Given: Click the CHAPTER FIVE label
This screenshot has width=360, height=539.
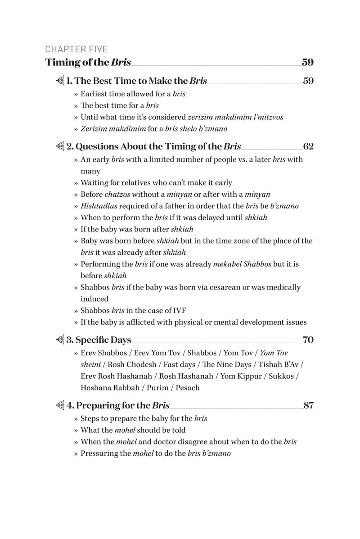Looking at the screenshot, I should tap(76, 49).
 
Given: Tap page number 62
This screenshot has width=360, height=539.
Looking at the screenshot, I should tap(308, 146).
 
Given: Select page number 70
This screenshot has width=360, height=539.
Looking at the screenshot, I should tap(308, 340).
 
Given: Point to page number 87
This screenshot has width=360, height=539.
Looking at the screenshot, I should tap(308, 405).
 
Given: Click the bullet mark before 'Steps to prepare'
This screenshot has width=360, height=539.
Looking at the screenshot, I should tap(76, 419).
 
